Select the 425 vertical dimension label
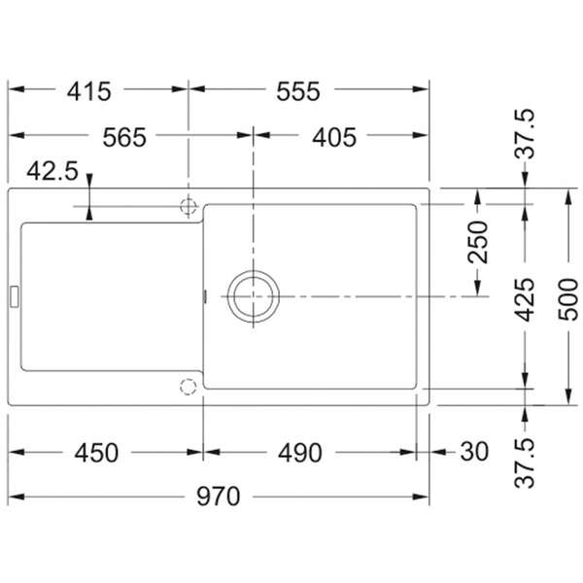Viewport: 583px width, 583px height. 526,300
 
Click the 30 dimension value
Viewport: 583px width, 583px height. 474,453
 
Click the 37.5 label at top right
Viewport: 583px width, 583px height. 526,134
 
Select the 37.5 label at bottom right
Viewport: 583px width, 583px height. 526,463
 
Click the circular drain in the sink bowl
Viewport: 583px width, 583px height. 254,295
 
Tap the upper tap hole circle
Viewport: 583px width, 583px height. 189,206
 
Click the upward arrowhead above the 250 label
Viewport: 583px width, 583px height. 477,197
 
